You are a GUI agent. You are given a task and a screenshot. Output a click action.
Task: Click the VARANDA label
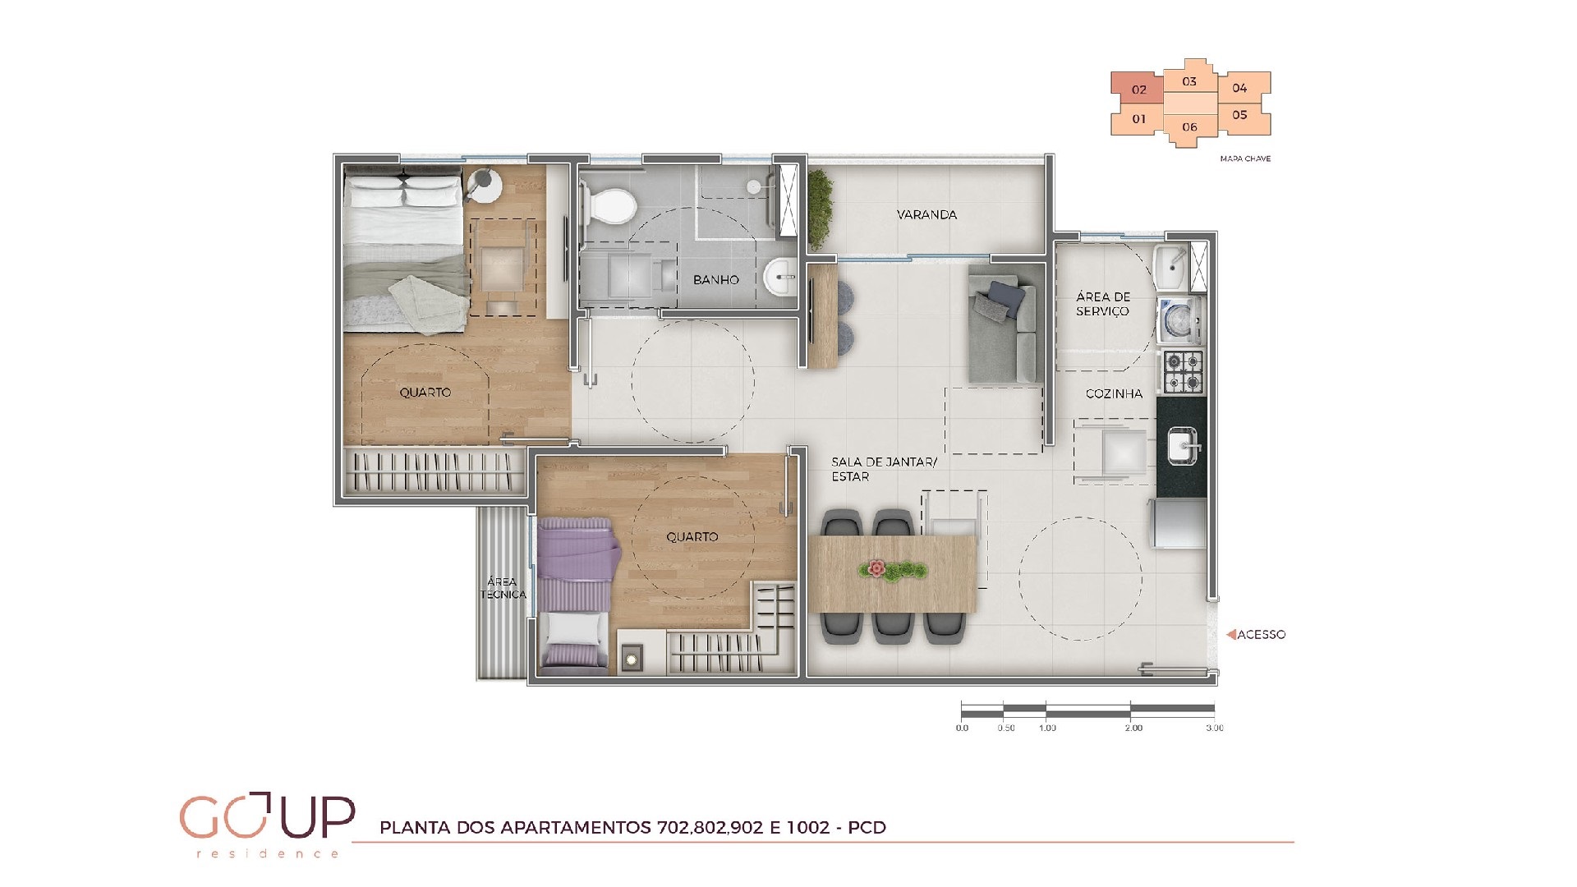pos(926,215)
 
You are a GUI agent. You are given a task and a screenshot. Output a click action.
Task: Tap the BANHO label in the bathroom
pos(715,280)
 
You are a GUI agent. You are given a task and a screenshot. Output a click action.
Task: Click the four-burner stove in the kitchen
pos(1182,371)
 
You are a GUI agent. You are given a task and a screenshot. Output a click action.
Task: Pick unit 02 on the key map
pos(1138,90)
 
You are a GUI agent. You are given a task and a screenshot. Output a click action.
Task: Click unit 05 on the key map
pos(1239,116)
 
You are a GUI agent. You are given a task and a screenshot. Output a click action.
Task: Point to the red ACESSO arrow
pos(1230,635)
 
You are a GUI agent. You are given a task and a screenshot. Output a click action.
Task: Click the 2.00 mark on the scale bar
pos(1133,728)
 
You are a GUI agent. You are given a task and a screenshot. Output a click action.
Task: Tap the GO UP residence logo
pos(267,824)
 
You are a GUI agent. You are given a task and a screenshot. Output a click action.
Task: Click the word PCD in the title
pos(867,828)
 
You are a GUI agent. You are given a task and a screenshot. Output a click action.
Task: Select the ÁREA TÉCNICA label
pos(503,588)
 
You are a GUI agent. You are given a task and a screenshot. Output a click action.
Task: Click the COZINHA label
pos(1114,394)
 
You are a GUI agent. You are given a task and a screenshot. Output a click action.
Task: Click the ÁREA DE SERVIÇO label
pos(1103,304)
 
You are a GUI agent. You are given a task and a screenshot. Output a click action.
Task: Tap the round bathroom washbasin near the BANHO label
pos(779,277)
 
